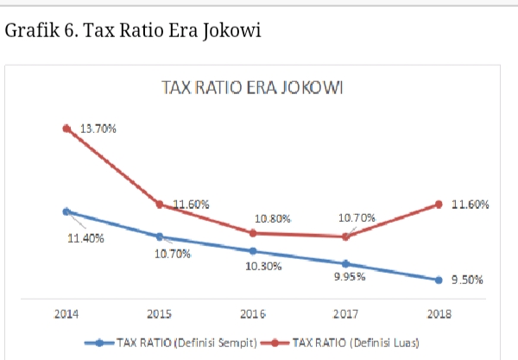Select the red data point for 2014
(x=66, y=129)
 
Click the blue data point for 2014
(x=66, y=211)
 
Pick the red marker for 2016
(x=252, y=233)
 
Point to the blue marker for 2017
(x=345, y=263)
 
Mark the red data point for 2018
(x=439, y=205)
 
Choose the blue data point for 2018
(x=439, y=280)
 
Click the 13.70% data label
(x=98, y=128)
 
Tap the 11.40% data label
(x=86, y=238)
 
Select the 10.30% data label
(x=262, y=266)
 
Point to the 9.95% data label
(x=350, y=277)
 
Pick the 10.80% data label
(x=272, y=218)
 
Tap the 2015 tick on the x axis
(x=159, y=314)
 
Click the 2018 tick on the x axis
(x=439, y=314)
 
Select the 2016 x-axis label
(x=252, y=314)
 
